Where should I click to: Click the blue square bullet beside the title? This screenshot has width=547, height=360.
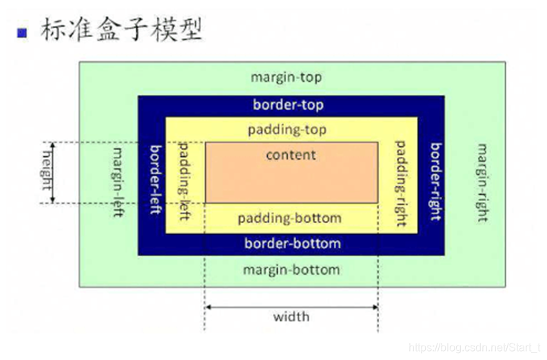pyautogui.click(x=23, y=32)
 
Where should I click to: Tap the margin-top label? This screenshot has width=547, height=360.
pyautogui.click(x=286, y=78)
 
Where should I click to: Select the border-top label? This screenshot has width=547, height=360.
pyautogui.click(x=288, y=105)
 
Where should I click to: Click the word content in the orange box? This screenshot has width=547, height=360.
pyautogui.click(x=291, y=155)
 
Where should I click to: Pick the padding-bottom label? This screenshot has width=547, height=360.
pyautogui.click(x=289, y=218)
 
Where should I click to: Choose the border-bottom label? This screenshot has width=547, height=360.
pyautogui.click(x=292, y=243)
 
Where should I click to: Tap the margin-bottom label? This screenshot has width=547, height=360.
pyautogui.click(x=291, y=269)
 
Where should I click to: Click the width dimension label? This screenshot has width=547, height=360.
pyautogui.click(x=291, y=317)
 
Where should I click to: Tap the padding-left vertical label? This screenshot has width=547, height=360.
pyautogui.click(x=185, y=181)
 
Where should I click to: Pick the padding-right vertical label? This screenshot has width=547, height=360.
pyautogui.click(x=400, y=182)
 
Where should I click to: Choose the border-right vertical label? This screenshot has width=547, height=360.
pyautogui.click(x=434, y=182)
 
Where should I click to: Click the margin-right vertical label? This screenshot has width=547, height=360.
pyautogui.click(x=482, y=182)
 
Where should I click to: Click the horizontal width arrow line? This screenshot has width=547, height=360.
pyautogui.click(x=291, y=306)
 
